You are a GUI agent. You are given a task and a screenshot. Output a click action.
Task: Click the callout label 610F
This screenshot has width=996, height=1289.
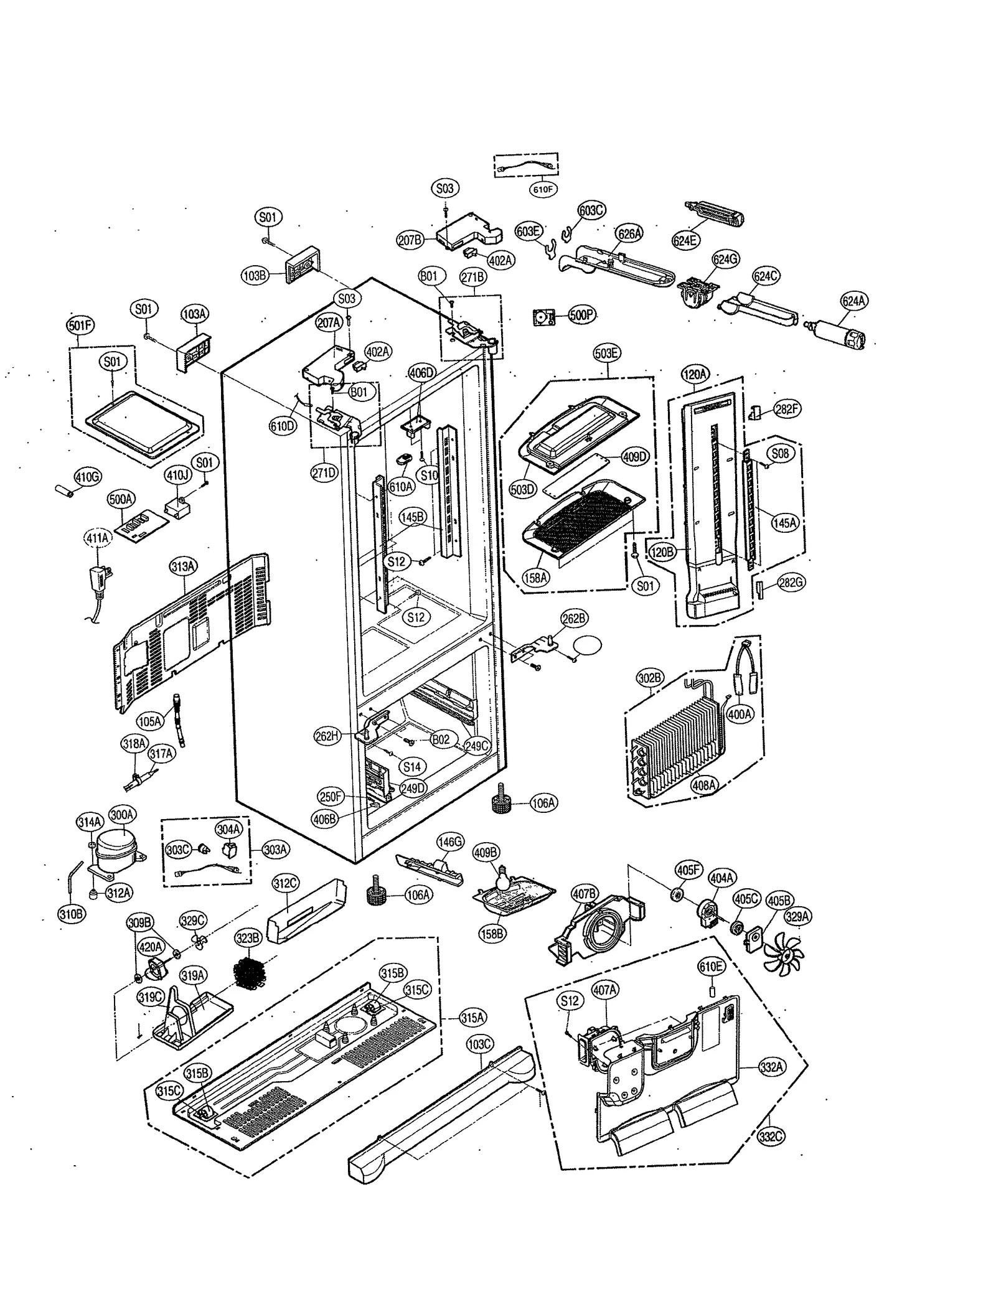click(542, 189)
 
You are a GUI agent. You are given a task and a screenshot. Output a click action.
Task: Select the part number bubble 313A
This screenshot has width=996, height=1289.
click(183, 566)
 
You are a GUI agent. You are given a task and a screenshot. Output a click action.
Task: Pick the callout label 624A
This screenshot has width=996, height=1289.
click(853, 301)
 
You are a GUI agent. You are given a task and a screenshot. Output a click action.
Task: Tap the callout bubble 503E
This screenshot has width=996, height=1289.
click(606, 353)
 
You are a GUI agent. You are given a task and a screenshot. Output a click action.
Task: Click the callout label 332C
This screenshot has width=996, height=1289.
click(771, 1137)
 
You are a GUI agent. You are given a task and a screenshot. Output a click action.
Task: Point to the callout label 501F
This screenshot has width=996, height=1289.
click(80, 325)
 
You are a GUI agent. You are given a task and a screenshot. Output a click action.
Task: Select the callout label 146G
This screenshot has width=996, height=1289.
click(450, 842)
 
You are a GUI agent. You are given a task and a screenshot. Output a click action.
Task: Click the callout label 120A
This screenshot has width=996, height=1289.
click(695, 374)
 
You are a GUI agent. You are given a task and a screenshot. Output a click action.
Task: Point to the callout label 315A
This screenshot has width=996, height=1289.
click(472, 1018)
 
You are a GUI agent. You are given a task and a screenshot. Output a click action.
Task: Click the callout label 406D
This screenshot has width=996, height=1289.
click(421, 373)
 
